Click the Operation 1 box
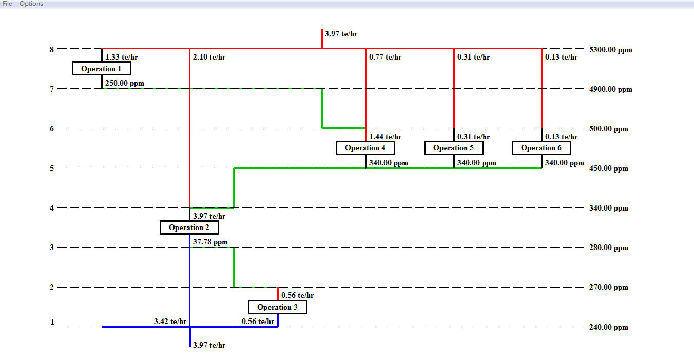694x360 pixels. pos(102,68)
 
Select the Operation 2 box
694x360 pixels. pos(189,228)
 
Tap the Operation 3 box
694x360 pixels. pos(277,307)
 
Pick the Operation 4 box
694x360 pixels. pos(365,148)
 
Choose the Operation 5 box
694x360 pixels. pos(453,148)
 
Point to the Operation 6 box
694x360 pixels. pos(541,148)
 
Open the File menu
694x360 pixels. pos(8,4)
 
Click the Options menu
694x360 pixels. pos(31,4)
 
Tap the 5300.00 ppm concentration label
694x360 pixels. pos(611,50)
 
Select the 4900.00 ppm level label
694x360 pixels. pos(611,89)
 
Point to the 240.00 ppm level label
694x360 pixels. pos(609,327)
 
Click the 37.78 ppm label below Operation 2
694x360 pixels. pos(210,241)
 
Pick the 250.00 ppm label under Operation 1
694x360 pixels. pos(125,83)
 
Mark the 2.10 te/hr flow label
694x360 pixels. pos(209,57)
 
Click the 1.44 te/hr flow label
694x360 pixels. pos(385,137)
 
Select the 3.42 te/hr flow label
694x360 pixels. pos(170,321)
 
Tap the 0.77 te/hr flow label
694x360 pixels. pos(385,57)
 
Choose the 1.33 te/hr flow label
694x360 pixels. pos(121,57)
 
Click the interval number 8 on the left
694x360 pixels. pos(52,50)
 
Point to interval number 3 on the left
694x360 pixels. pos(52,248)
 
